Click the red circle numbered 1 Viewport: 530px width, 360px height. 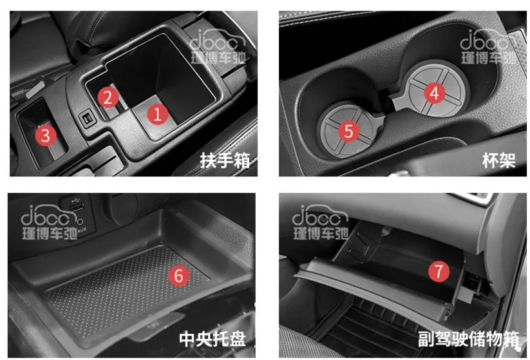coord(158,114)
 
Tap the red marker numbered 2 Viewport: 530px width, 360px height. coord(108,97)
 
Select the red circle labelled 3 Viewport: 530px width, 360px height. coord(46,135)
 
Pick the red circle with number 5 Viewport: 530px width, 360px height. coord(348,131)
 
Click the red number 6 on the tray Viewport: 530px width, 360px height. coord(179,276)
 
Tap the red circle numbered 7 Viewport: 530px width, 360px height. coord(439,271)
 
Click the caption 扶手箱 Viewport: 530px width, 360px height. coord(225,160)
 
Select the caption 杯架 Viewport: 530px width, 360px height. coord(499,160)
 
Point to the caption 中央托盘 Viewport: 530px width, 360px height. coord(213,339)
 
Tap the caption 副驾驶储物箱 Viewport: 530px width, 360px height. coord(468,339)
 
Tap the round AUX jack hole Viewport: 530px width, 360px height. coord(80,222)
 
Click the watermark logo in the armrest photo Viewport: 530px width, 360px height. coord(218,46)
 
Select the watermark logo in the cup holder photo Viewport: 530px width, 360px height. coord(488,46)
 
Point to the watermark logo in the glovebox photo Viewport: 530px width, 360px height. coord(321,222)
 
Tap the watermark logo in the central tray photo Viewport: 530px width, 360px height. coord(50,222)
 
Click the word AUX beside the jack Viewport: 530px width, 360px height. coord(82,230)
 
